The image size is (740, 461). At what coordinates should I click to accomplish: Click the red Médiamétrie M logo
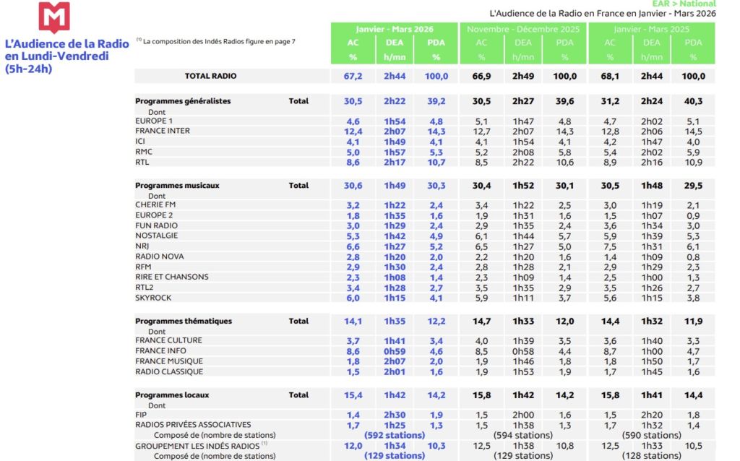click(54, 17)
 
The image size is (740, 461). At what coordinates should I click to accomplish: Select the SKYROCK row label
click(154, 298)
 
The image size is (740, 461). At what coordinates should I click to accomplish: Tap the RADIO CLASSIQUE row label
click(169, 372)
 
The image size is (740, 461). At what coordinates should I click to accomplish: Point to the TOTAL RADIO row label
click(210, 76)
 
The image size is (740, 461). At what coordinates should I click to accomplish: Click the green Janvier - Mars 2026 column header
click(395, 29)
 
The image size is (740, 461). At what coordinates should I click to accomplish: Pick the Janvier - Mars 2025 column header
click(652, 29)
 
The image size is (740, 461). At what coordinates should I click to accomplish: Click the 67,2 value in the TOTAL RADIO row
click(353, 76)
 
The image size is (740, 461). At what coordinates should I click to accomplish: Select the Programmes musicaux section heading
click(177, 186)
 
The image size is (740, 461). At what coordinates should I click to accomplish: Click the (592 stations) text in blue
click(395, 436)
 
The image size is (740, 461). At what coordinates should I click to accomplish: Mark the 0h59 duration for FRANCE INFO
click(395, 351)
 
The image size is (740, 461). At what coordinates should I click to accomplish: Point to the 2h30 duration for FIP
click(395, 415)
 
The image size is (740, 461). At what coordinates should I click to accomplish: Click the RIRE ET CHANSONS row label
click(172, 277)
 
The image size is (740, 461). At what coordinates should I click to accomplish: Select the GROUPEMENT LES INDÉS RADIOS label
click(197, 446)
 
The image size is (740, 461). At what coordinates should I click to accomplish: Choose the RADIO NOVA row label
click(160, 257)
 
